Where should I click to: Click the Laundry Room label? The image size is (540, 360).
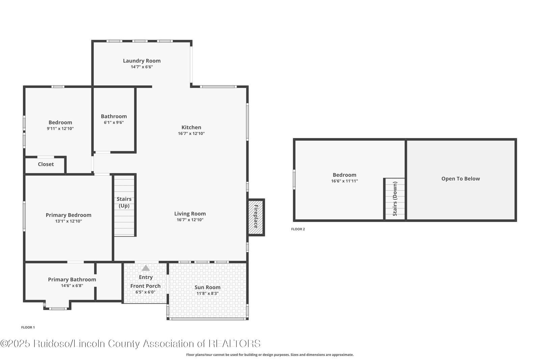[141, 61]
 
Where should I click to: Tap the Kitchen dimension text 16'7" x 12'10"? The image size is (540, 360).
[191, 134]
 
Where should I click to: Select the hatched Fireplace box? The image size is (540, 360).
[256, 217]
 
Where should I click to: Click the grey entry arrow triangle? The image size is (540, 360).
[145, 268]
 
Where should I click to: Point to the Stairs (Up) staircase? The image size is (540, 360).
[124, 206]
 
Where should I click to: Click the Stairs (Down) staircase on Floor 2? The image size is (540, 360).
[395, 199]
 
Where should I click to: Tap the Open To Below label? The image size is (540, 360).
[460, 179]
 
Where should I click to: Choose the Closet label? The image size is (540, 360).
[46, 164]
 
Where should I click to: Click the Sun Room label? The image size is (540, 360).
[207, 287]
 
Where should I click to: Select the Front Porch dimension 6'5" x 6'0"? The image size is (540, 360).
[145, 292]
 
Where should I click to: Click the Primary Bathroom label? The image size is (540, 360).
[72, 279]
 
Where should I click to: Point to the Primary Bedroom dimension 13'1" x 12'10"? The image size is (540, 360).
[69, 221]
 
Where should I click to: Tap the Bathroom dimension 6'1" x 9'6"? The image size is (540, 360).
[114, 122]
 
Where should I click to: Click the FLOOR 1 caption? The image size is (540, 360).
[28, 327]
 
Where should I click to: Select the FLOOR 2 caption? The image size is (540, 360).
[298, 229]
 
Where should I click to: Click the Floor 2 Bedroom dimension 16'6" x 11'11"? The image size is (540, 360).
[344, 181]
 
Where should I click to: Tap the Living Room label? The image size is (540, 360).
[190, 214]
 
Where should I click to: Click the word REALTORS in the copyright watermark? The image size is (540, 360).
[235, 343]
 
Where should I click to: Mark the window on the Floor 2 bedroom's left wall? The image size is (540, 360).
[294, 179]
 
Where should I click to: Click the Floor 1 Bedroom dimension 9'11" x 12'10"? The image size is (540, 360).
[60, 129]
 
